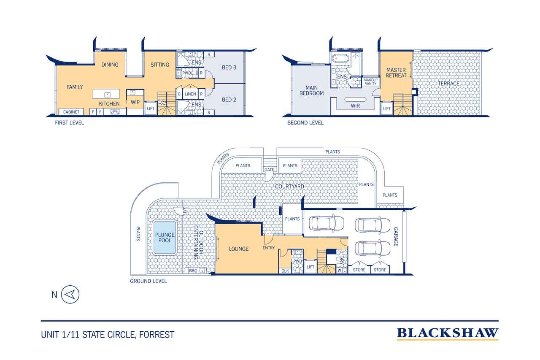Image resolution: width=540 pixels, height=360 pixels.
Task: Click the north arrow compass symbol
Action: pyautogui.click(x=70, y=295)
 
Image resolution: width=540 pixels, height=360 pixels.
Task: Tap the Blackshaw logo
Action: pyautogui.click(x=448, y=333)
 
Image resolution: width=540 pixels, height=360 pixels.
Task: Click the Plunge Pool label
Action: pyautogui.click(x=165, y=238)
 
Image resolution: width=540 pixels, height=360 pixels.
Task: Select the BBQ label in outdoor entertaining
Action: pyautogui.click(x=193, y=271)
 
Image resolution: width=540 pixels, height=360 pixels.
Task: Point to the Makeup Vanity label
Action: pyautogui.click(x=371, y=82)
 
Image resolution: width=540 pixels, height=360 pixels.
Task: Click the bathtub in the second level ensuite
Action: pyautogui.click(x=340, y=59)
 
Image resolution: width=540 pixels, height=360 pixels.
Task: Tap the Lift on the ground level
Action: pyautogui.click(x=310, y=267)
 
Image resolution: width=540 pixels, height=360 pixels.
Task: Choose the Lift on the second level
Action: pyautogui.click(x=387, y=108)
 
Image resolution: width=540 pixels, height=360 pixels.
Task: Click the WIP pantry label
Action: pyautogui.click(x=135, y=102)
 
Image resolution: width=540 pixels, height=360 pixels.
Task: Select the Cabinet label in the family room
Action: pyautogui.click(x=71, y=112)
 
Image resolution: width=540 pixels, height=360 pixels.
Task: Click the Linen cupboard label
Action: pyautogui.click(x=190, y=94)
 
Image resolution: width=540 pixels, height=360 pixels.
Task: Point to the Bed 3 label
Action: pyautogui.click(x=229, y=68)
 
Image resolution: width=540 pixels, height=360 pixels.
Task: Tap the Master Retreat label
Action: pyautogui.click(x=396, y=73)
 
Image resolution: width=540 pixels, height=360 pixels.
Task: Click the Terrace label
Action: pyautogui.click(x=448, y=84)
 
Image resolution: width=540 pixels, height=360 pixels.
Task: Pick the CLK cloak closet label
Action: pyautogui.click(x=285, y=271)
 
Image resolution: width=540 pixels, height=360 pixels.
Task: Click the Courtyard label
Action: pyautogui.click(x=289, y=187)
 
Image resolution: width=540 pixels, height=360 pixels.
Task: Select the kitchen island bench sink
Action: pyautogui.click(x=107, y=95)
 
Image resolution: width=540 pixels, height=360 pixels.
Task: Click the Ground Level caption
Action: pyautogui.click(x=148, y=281)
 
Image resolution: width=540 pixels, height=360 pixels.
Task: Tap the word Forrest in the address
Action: pyautogui.click(x=157, y=335)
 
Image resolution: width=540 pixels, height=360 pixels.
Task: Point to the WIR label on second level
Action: pyautogui.click(x=355, y=106)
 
